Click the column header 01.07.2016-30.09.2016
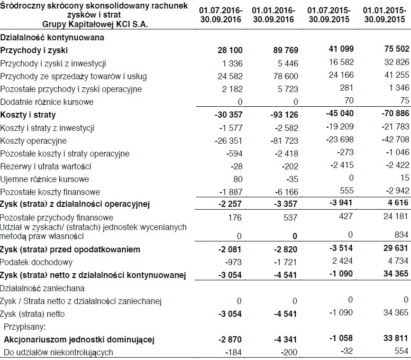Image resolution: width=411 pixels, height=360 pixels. coord(220,15)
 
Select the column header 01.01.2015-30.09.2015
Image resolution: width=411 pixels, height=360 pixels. coord(385,15)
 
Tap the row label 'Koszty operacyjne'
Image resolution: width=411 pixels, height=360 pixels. coord(34,141)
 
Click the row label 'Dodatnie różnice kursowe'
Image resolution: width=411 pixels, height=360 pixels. coord(47,102)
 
